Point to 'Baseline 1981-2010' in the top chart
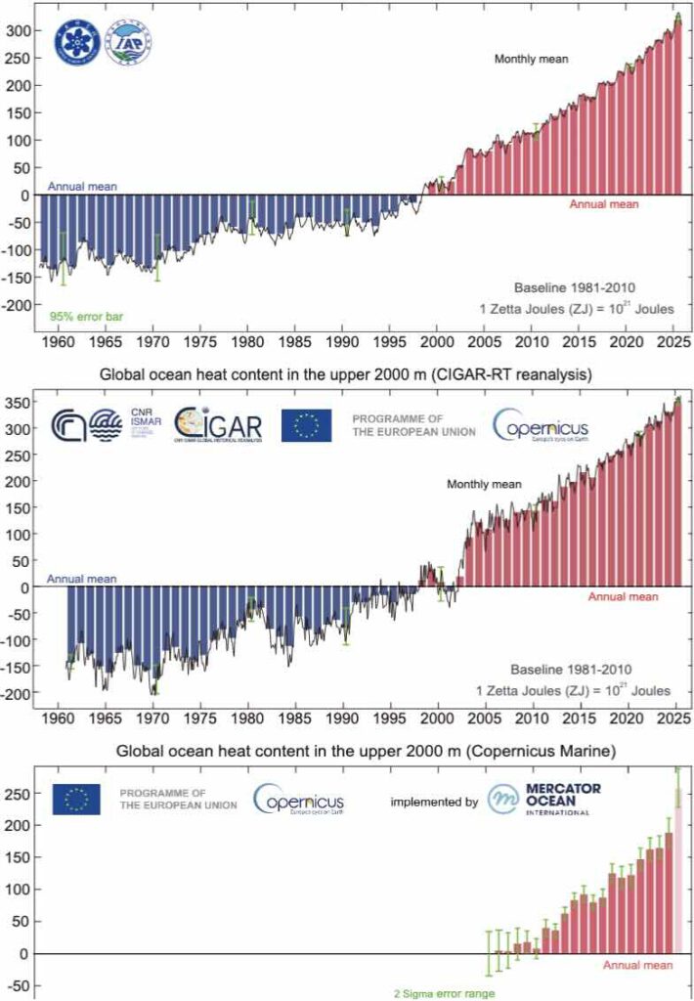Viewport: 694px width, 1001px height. pos(576,287)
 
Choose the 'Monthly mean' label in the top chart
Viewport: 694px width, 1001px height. pos(531,59)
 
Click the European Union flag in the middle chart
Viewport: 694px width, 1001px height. pos(307,425)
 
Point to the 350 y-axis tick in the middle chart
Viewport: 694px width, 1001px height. pos(20,402)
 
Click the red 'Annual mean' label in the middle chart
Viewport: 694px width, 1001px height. pos(623,596)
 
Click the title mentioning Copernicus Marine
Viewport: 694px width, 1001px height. pos(347,752)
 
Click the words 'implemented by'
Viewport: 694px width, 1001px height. pos(434,802)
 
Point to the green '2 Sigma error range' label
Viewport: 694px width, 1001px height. pos(443,992)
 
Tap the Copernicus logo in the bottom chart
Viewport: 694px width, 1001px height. pos(298,800)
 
